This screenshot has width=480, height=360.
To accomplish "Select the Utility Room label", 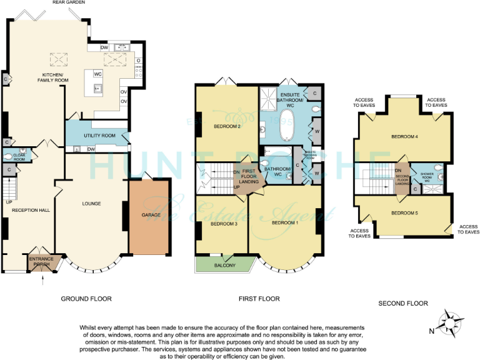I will pos(100,136).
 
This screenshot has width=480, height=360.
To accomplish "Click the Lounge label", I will pos(92,204).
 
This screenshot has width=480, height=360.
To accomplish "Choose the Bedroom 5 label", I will pos(404,213).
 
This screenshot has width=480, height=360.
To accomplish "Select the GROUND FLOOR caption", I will pos(86,299).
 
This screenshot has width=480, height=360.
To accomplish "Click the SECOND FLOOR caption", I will pos(403,303).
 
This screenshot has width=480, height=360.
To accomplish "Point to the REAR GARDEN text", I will pos(69,3).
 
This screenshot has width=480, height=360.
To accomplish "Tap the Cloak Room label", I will pos(19,157).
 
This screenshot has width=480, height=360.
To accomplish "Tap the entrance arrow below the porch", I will pos(42,281).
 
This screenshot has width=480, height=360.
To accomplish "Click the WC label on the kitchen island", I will pos(97,74).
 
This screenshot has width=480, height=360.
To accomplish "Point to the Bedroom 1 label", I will pos(285,222).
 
